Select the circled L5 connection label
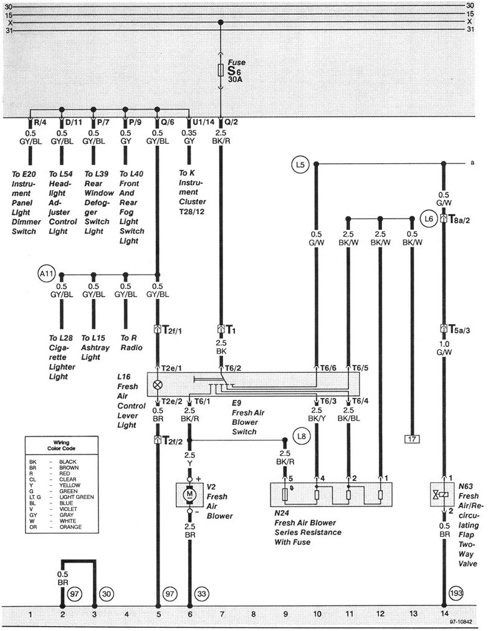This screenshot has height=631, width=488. pyautogui.click(x=300, y=165)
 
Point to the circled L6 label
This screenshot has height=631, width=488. pyautogui.click(x=428, y=219)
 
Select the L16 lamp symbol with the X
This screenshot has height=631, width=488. pyautogui.click(x=157, y=384)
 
